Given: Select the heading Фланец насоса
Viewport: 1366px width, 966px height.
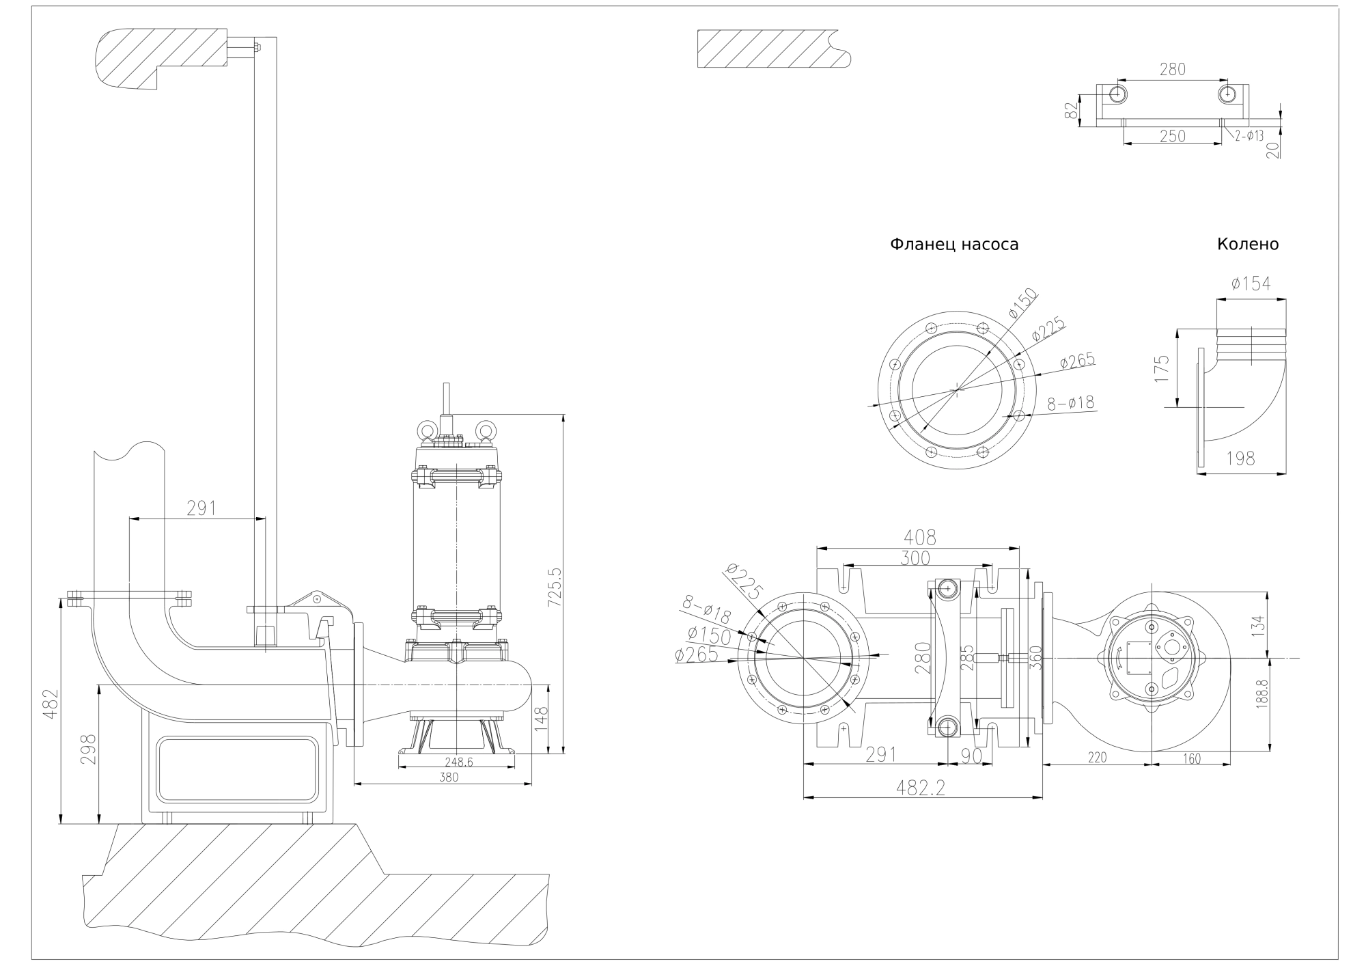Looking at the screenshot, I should pos(953,245).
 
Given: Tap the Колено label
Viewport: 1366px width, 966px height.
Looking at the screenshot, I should pos(1247,245).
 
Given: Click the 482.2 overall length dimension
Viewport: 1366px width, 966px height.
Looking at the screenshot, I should pos(923,788).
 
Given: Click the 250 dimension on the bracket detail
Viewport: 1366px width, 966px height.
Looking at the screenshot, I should pos(1172,136).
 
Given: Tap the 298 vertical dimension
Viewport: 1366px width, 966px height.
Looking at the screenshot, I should pos(88,749).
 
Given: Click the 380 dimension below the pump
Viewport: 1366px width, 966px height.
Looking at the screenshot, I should pos(449,777).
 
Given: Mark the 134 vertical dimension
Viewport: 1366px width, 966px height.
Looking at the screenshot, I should pos(1259,623).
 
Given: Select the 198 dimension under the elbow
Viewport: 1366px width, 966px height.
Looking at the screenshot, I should pos(1240,458).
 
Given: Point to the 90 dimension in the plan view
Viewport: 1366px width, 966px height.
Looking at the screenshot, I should pos(971,755).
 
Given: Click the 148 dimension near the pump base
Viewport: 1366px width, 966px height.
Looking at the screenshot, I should pos(542,719).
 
